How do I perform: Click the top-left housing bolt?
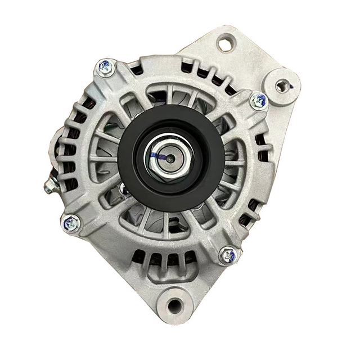pyautogui.click(x=105, y=67)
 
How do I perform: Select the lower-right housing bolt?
pyautogui.click(x=228, y=255)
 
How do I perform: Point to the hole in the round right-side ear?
pyautogui.click(x=283, y=85)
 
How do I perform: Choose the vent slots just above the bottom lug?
pyautogui.click(x=163, y=260)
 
